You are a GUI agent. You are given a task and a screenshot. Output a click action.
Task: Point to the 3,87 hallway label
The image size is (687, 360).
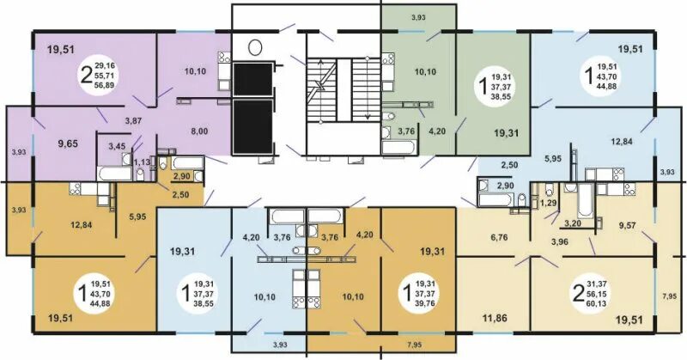[133, 120]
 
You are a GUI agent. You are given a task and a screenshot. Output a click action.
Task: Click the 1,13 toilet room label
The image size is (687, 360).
[142, 162]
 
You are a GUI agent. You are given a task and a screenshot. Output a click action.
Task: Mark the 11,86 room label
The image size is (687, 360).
[495, 317]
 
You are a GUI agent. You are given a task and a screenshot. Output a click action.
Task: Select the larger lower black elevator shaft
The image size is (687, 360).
[252, 126]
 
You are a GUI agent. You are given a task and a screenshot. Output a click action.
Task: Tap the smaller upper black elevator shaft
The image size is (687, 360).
[252, 79]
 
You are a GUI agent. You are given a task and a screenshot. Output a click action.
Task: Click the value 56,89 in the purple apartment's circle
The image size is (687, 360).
[104, 85]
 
